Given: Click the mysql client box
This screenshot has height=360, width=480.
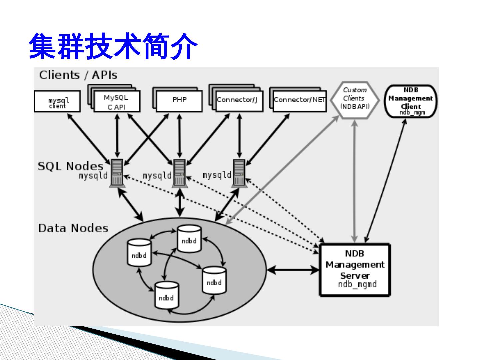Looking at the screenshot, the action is pyautogui.click(x=57, y=101).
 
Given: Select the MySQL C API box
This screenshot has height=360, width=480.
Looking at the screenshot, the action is pyautogui.click(x=117, y=101).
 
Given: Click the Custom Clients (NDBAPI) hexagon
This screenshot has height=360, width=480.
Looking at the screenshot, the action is pyautogui.click(x=354, y=100).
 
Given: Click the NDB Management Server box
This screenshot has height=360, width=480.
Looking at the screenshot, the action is pyautogui.click(x=355, y=270).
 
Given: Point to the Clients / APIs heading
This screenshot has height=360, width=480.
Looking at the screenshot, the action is pyautogui.click(x=78, y=75).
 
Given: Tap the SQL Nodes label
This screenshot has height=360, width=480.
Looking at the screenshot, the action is pyautogui.click(x=70, y=166).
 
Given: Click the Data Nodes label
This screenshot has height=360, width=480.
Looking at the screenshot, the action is pyautogui.click(x=73, y=228).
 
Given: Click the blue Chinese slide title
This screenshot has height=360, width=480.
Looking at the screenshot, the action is pyautogui.click(x=113, y=46).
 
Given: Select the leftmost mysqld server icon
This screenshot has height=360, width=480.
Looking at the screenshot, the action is pyautogui.click(x=117, y=173).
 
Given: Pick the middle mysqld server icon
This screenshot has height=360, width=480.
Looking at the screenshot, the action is pyautogui.click(x=180, y=173).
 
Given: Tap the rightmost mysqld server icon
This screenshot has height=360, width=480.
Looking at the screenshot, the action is pyautogui.click(x=239, y=173).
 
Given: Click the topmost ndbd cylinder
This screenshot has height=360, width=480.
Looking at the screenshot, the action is pyautogui.click(x=189, y=239).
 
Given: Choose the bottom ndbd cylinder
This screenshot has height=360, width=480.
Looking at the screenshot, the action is pyautogui.click(x=167, y=295).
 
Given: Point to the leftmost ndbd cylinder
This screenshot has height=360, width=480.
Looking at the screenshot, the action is pyautogui.click(x=139, y=252).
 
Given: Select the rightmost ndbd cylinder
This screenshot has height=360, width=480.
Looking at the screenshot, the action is pyautogui.click(x=214, y=280).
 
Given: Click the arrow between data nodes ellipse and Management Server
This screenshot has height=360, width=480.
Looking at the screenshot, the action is pyautogui.click(x=293, y=270).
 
